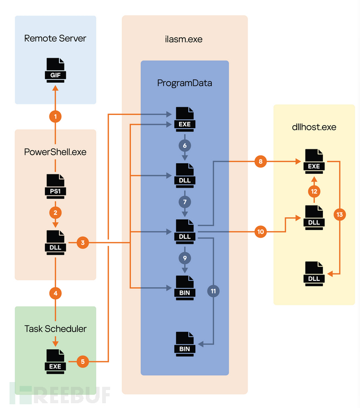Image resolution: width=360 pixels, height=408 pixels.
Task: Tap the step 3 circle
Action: [83, 243]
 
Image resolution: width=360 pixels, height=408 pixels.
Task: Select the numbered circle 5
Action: [83, 362]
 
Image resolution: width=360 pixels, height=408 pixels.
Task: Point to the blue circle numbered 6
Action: [184, 145]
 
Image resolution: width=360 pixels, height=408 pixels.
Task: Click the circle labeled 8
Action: [260, 162]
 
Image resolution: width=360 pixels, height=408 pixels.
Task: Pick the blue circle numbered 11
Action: [214, 291]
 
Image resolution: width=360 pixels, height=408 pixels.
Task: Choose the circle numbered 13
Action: [339, 215]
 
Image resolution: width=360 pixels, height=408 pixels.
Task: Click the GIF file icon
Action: [56, 69]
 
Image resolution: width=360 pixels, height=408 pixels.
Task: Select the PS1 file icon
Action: [56, 185]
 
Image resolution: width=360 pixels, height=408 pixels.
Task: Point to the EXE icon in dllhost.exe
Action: [314, 159]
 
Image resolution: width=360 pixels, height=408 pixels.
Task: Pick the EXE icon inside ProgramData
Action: [184, 118]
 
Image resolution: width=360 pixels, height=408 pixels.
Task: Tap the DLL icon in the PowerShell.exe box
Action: [56, 241]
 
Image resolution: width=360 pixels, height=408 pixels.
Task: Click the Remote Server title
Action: [55, 38]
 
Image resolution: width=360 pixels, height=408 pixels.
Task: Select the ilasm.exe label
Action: [184, 39]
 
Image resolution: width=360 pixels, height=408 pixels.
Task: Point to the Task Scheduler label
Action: [56, 329]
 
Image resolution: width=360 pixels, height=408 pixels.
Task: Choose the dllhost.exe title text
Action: [314, 127]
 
